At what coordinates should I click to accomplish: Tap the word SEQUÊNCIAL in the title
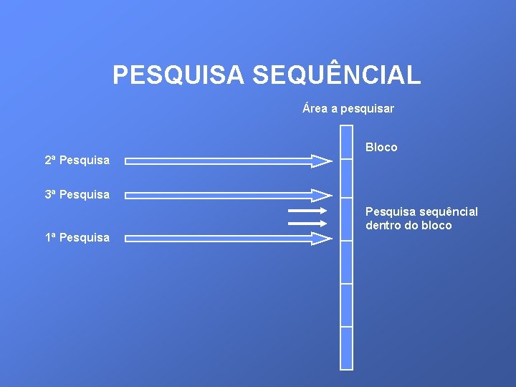click(x=336, y=74)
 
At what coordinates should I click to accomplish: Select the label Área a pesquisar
click(x=348, y=109)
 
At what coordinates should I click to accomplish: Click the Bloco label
click(x=381, y=147)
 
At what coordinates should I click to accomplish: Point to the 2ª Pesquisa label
click(x=77, y=160)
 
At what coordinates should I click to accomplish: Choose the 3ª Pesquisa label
click(x=77, y=194)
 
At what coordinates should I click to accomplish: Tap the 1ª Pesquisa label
click(x=77, y=237)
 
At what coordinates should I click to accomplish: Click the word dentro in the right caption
click(x=383, y=225)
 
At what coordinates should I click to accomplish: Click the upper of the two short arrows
click(x=307, y=211)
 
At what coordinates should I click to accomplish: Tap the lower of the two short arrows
click(x=307, y=224)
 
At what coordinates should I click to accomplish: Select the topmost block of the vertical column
click(x=346, y=142)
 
